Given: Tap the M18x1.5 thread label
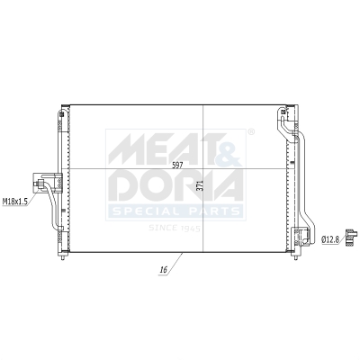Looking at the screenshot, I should (15, 201).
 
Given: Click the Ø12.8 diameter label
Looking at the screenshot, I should (331, 238).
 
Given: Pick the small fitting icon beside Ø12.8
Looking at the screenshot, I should (351, 238).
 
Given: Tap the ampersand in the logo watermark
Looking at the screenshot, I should (229, 144).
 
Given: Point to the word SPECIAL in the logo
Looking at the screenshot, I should (144, 212).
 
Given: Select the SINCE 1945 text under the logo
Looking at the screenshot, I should (176, 228).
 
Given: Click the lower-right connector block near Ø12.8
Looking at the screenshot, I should (296, 238).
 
